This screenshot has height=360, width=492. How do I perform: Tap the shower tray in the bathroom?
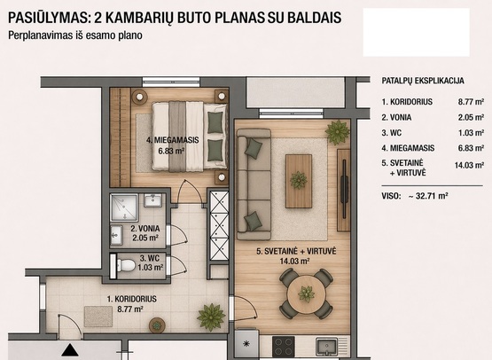[x=124, y=207]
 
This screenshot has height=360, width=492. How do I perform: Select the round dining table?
[x=306, y=294]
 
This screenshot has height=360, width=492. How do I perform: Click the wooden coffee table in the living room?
[x=299, y=181]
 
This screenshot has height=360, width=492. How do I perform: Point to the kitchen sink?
[x=326, y=347]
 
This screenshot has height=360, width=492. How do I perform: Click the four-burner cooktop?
[x=284, y=347]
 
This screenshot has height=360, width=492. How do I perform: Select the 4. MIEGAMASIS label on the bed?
[x=173, y=140]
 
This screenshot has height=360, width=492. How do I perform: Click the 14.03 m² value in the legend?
[x=469, y=165]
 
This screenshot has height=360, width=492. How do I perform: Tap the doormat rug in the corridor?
[x=98, y=317]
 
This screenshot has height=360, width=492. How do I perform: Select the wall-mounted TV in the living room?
[x=344, y=189]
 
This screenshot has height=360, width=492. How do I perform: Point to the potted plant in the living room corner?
[x=338, y=132]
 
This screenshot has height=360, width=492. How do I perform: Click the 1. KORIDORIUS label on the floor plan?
[x=132, y=299]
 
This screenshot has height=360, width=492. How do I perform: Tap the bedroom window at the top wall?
[x=171, y=82]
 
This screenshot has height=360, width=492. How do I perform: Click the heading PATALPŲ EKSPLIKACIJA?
[x=423, y=81]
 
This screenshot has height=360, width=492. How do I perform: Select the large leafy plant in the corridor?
[x=211, y=317]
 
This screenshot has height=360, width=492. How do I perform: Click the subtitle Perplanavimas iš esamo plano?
[x=75, y=35]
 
